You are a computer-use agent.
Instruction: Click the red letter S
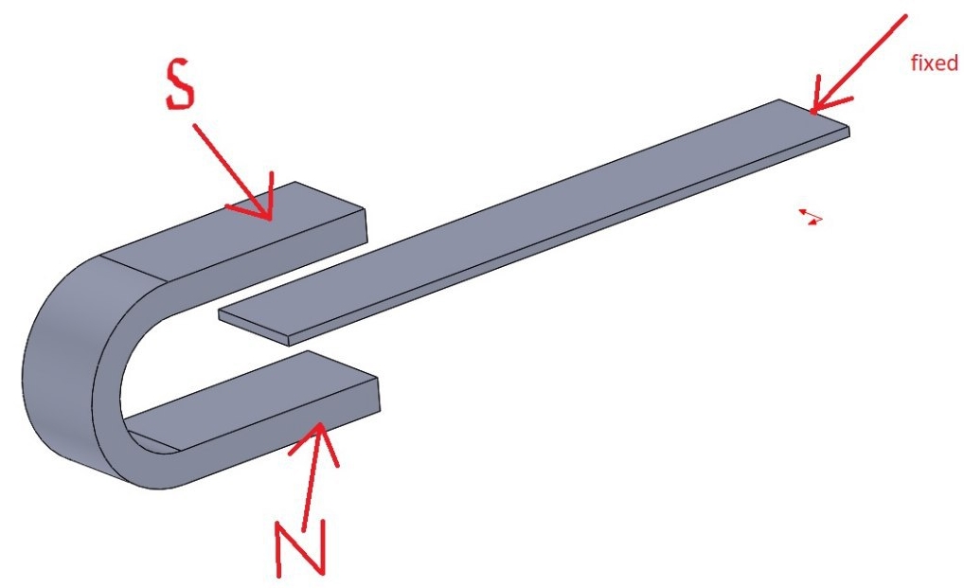(181, 86)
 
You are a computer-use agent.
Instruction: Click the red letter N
(299, 548)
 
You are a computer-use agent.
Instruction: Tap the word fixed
(934, 62)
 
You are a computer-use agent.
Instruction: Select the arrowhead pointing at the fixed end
(827, 98)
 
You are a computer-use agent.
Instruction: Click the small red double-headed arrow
(811, 217)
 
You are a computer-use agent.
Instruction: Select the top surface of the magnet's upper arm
(234, 229)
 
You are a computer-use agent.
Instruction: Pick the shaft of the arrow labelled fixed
(859, 64)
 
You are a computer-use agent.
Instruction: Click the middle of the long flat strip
(535, 222)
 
